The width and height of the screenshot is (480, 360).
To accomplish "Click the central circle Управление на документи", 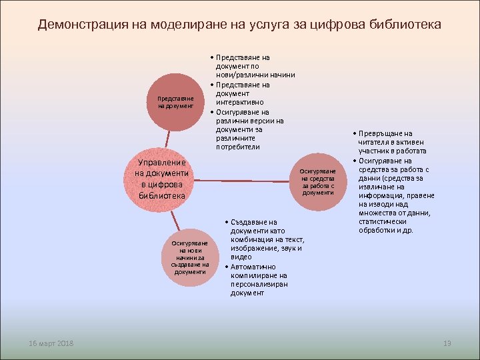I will (x=162, y=179).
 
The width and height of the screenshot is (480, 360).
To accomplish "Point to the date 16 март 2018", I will (x=52, y=343).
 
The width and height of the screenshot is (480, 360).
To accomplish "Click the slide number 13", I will (x=447, y=343).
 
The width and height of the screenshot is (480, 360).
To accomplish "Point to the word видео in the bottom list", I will (x=241, y=257).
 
